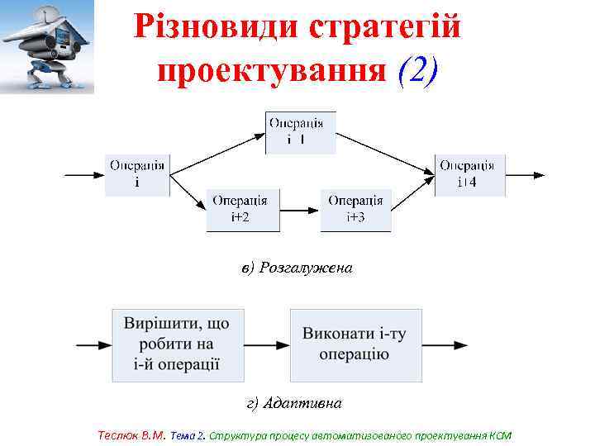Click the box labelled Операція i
137,173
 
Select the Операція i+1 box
300,132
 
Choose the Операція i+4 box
470,173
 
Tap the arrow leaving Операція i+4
526,174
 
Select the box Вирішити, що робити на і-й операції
176,344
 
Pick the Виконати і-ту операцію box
355,344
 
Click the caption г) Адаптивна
294,403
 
